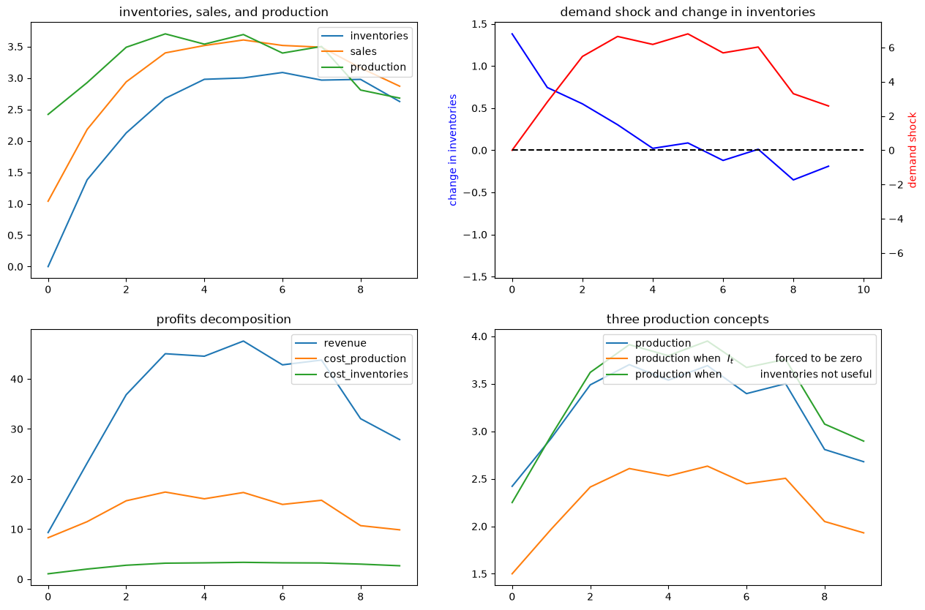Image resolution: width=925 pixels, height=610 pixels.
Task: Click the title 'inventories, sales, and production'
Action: click(x=223, y=12)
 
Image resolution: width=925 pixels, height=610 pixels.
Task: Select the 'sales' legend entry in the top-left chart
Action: click(x=364, y=51)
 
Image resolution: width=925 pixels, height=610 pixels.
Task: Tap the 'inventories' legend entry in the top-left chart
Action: click(x=379, y=36)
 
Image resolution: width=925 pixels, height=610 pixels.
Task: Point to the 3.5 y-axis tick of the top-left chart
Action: click(x=15, y=47)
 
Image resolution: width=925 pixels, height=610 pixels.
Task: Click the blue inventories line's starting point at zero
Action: click(x=48, y=267)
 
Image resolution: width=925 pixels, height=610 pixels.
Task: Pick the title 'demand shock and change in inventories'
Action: click(x=688, y=12)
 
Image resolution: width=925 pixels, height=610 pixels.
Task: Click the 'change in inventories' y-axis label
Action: click(x=452, y=150)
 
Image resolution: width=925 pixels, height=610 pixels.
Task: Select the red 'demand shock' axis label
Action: click(x=913, y=150)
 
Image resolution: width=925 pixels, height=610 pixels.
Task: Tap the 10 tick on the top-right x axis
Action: click(x=864, y=290)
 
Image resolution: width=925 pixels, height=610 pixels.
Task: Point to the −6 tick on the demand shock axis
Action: click(x=894, y=253)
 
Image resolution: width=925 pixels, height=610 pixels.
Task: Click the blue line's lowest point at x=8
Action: click(x=793, y=180)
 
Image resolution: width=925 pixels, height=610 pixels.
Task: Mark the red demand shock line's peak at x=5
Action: click(x=688, y=34)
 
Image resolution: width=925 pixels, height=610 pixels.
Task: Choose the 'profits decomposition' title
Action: click(x=223, y=319)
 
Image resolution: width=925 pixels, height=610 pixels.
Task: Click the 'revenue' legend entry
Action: click(x=345, y=343)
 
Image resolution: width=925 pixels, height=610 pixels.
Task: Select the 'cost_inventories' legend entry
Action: click(x=366, y=374)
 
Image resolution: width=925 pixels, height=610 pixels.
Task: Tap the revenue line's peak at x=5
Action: click(x=243, y=342)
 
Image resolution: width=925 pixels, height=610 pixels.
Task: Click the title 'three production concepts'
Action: click(x=688, y=319)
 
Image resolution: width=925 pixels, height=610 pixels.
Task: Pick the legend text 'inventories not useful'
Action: click(x=815, y=374)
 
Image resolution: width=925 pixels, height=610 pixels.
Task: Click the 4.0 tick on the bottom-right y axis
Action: click(x=479, y=336)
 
